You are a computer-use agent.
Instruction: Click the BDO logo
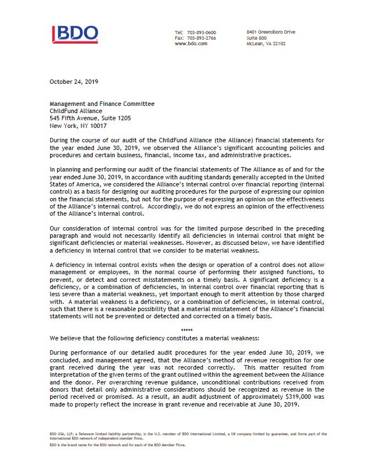pos(75,34)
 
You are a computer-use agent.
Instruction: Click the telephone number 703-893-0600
pos(203,33)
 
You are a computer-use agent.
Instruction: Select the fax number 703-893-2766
pos(203,38)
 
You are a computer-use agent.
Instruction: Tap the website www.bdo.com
pos(191,44)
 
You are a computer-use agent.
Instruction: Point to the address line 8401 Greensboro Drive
pos(271,32)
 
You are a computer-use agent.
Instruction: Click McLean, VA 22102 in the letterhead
pos(266,44)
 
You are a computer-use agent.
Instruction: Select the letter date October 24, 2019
pos(74,82)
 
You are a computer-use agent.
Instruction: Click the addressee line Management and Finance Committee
pos(102,104)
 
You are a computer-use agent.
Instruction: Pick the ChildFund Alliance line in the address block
pos(76,111)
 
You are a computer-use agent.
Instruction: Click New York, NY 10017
pos(78,125)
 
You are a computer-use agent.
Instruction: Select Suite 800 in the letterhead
pos(257,38)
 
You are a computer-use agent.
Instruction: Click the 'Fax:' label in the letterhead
pos(180,38)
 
